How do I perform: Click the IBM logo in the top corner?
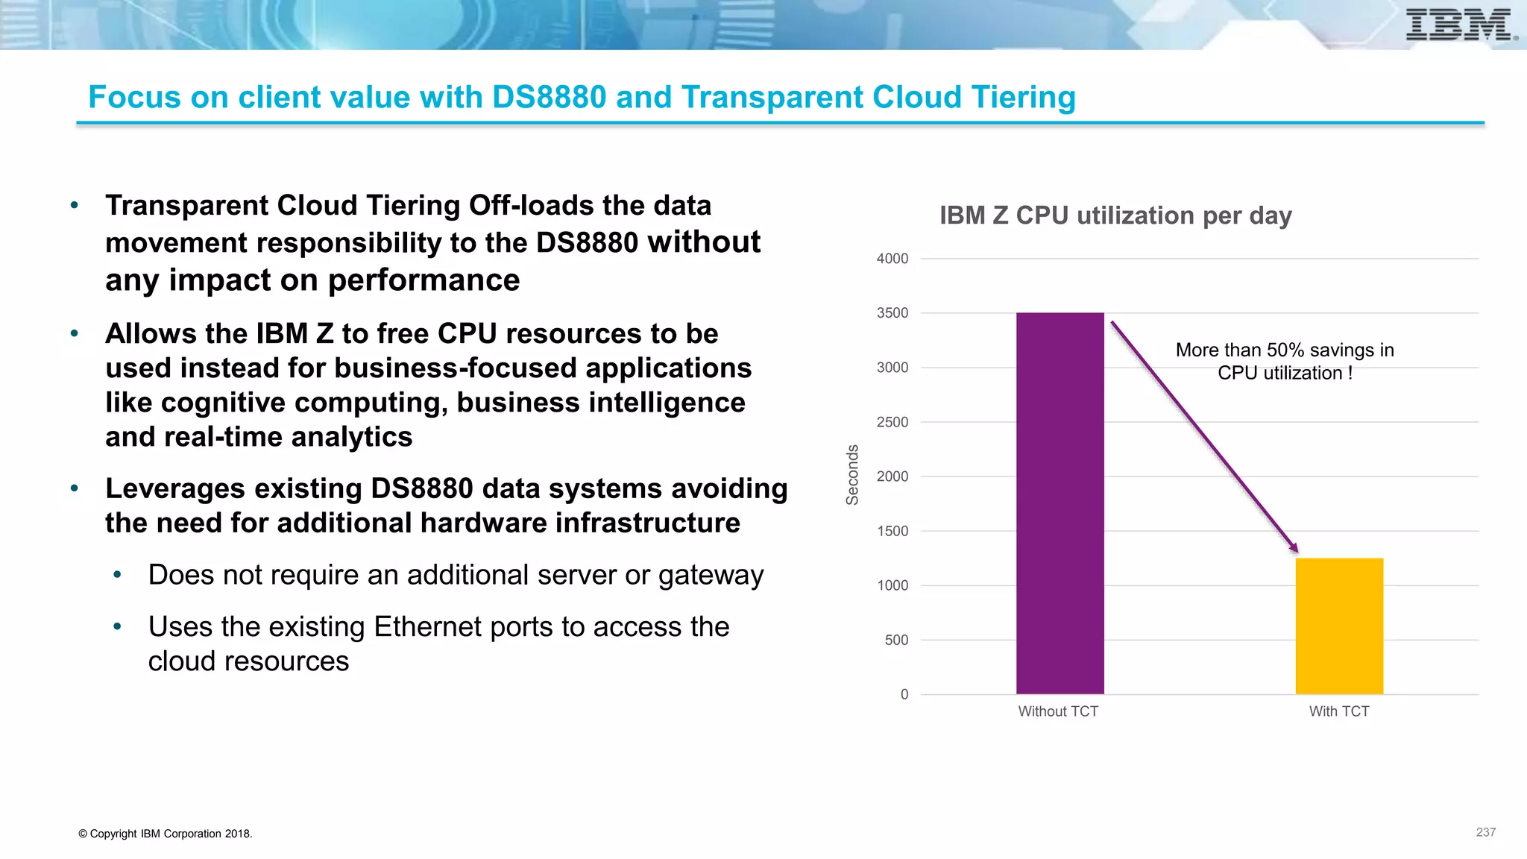coord(1459,25)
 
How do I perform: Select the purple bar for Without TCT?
coord(1060,503)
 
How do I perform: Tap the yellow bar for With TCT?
coord(1339,626)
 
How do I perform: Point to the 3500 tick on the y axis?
coord(892,313)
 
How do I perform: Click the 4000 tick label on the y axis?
coord(892,259)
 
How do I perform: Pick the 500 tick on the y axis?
coord(896,640)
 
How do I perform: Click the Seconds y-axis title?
coord(852,475)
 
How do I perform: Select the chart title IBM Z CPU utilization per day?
coord(1115,215)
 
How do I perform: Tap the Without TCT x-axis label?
coord(1058,711)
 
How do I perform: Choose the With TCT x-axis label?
coord(1339,711)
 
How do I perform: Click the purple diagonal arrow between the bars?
coord(1203,436)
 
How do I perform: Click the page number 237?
coord(1485,832)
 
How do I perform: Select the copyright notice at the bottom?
coord(165,834)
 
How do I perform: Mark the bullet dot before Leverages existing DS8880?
coord(75,488)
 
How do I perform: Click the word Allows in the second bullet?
coord(151,334)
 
